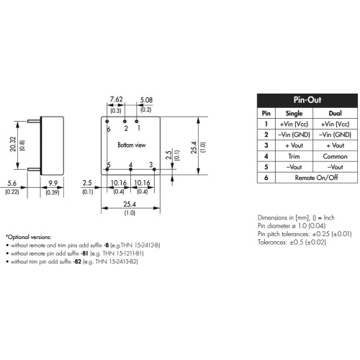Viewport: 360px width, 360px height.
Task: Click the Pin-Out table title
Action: point(307,100)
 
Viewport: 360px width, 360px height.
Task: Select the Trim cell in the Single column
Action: point(294,156)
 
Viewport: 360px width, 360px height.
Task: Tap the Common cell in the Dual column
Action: point(335,156)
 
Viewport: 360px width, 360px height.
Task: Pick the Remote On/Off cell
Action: point(316,178)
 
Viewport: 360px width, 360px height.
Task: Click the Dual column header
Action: point(335,113)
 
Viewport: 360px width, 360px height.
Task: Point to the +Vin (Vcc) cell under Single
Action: point(294,124)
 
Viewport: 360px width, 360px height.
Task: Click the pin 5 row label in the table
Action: point(266,167)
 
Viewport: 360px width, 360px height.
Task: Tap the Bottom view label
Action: point(132,145)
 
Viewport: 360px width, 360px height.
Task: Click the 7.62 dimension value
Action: point(116,99)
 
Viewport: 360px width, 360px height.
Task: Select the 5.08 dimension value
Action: point(146,100)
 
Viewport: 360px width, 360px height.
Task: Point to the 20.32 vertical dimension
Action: point(13,144)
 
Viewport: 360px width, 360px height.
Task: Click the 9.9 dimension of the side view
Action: point(53,183)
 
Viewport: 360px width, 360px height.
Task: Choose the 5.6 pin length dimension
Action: point(12,184)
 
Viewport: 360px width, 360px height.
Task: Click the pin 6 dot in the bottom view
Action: point(107,122)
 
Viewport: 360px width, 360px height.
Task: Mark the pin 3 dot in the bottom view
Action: point(154,169)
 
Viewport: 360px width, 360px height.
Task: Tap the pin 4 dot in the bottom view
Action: point(130,169)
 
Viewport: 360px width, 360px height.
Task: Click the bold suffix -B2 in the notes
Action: point(77,261)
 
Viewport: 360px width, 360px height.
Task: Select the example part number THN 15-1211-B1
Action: point(123,253)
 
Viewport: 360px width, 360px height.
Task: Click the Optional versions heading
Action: point(29,237)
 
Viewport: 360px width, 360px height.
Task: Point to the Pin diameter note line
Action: point(292,226)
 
